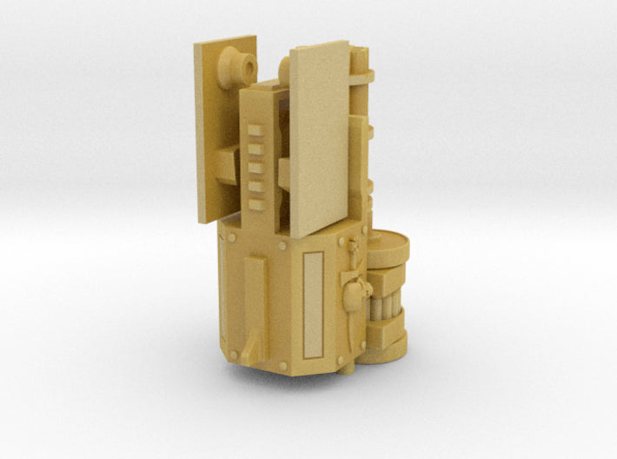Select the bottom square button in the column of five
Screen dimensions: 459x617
(255, 204)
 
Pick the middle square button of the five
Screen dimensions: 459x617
(255, 168)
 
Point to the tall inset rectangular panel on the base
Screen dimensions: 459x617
(313, 304)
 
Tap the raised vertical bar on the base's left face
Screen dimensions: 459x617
(254, 304)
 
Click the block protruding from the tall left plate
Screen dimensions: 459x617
(228, 161)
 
